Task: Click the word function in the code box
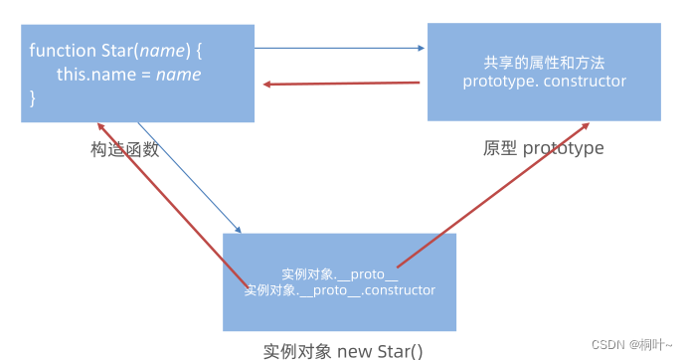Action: point(63,51)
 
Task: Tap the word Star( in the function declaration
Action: point(120,51)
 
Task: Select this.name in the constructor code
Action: point(96,75)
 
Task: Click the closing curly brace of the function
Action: point(33,97)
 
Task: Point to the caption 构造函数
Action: point(125,149)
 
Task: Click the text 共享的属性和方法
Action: point(544,63)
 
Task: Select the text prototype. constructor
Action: point(544,82)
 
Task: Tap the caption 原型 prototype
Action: point(543,148)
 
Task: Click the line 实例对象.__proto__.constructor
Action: point(340,290)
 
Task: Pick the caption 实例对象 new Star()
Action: point(343,351)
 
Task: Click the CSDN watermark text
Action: point(632,345)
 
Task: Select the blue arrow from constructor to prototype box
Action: point(340,48)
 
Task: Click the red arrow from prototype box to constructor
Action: point(341,83)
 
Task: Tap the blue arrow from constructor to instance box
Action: point(190,178)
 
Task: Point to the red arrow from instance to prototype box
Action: point(493,195)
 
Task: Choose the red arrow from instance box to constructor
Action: point(172,206)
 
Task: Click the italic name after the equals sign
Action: point(179,75)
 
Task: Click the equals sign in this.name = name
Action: point(146,75)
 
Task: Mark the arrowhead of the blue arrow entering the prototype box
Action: point(422,48)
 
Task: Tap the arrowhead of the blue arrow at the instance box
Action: point(239,230)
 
